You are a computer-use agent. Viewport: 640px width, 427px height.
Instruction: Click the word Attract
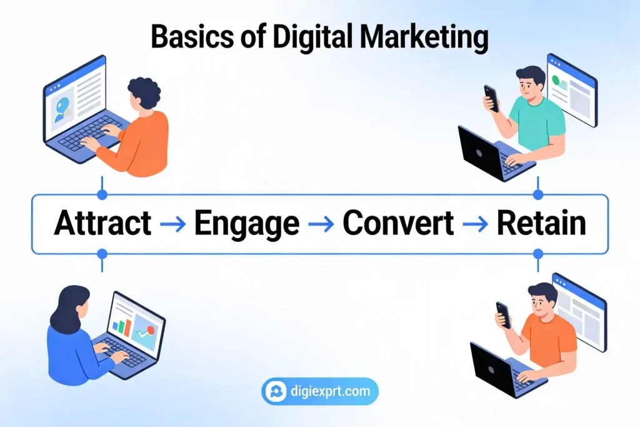pos(102,223)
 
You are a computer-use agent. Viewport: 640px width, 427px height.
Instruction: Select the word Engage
pos(246,224)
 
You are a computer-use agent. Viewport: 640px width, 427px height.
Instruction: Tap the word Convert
pos(398,223)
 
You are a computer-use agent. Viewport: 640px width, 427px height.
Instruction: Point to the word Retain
pos(541,223)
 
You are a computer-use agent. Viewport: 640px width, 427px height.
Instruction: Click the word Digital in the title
pos(324,38)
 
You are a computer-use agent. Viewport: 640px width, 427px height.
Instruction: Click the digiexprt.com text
pos(331,392)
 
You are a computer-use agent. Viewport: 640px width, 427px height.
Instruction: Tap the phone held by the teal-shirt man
pos(491,98)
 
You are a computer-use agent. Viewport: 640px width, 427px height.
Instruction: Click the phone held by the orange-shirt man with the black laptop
pos(503,314)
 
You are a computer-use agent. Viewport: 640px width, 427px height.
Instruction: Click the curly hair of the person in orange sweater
pos(144,94)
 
